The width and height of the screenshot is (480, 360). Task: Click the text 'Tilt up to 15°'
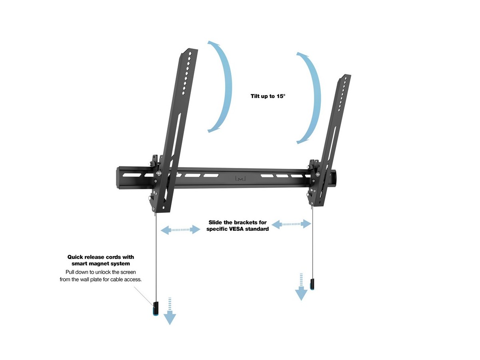(x=268, y=96)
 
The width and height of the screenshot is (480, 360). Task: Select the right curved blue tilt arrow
(x=312, y=98)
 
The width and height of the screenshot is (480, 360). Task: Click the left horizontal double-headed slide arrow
(x=180, y=230)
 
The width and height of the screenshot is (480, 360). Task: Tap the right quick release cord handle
(x=312, y=284)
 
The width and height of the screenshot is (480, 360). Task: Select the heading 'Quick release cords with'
(x=100, y=257)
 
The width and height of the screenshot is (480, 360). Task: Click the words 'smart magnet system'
(x=100, y=264)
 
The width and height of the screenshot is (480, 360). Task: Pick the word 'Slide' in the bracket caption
(x=216, y=222)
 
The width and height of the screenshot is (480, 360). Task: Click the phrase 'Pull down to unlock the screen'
(x=100, y=272)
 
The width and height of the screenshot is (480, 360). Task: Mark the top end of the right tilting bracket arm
(x=346, y=77)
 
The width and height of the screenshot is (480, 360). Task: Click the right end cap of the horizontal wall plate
(x=334, y=178)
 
